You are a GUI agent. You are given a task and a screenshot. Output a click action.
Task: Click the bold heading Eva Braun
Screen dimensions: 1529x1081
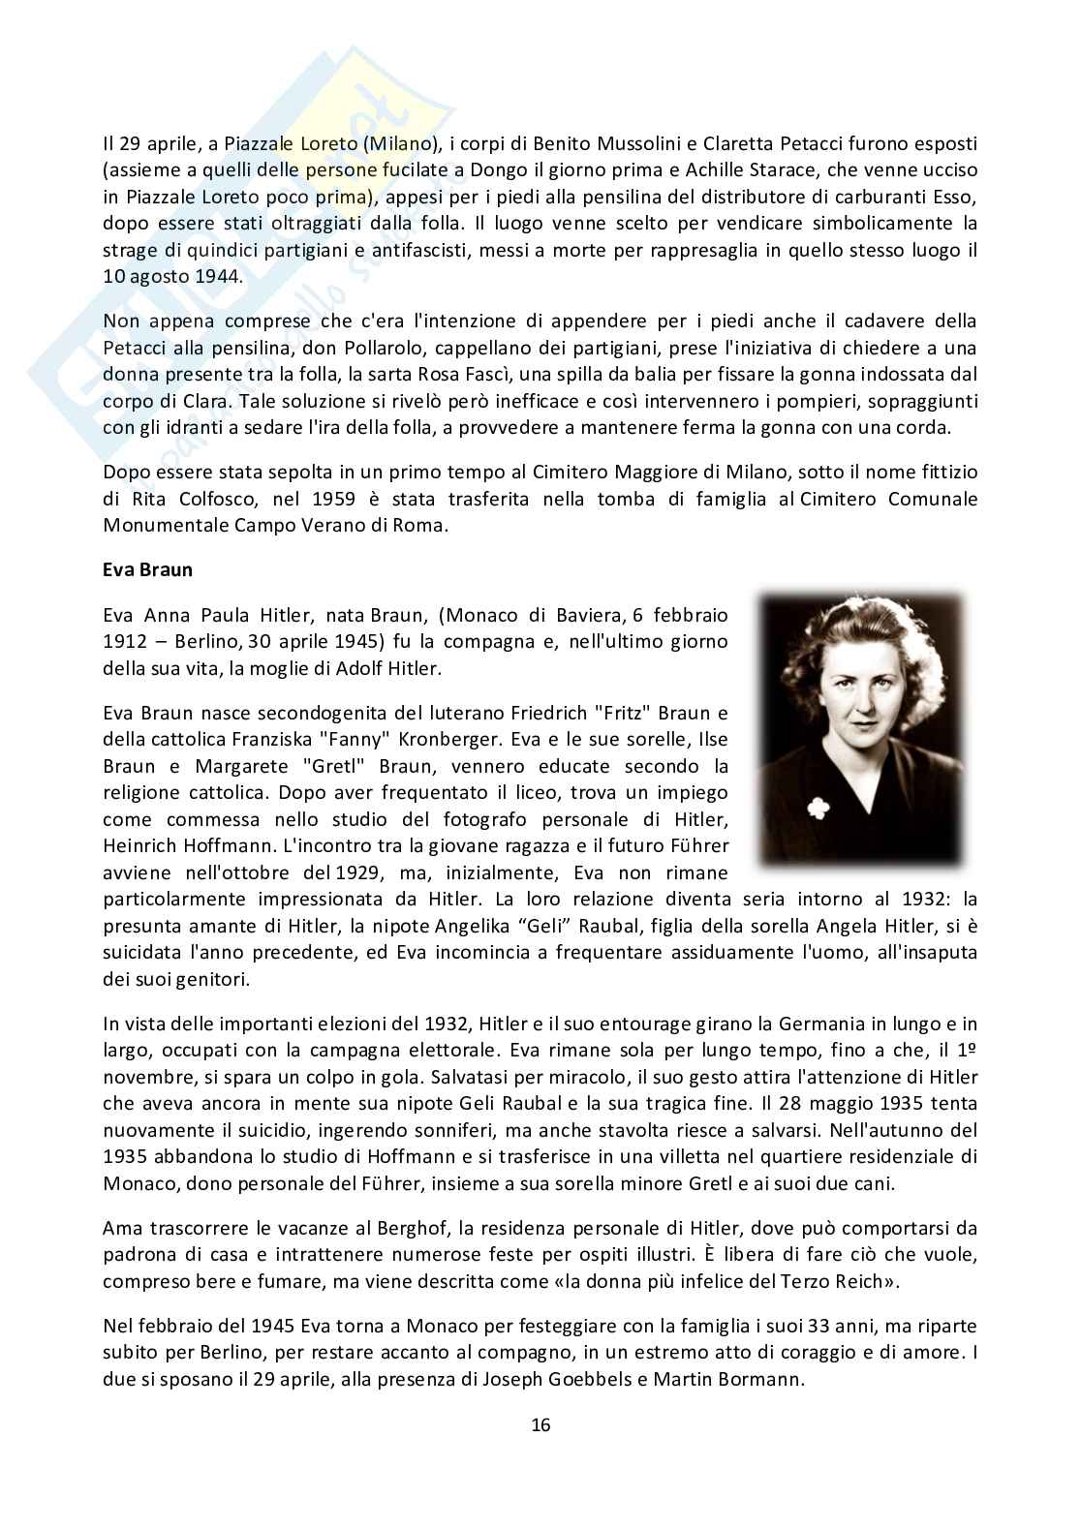click(x=147, y=569)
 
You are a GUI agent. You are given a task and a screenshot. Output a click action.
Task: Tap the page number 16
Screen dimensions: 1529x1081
click(x=540, y=1424)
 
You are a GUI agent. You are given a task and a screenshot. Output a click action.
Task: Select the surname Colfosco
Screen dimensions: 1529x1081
click(x=210, y=500)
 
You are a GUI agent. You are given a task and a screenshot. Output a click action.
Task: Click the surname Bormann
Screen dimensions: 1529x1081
click(x=759, y=1377)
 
